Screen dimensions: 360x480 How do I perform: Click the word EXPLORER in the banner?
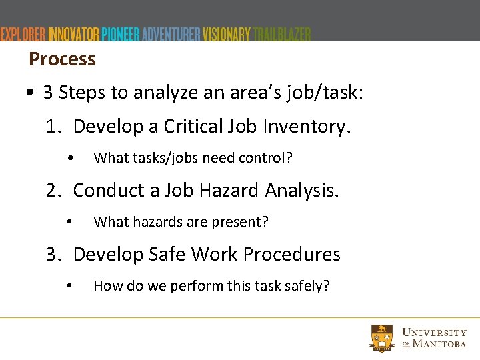click(23, 34)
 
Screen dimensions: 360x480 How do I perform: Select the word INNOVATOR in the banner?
click(74, 34)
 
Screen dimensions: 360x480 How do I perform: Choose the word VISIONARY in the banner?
click(227, 34)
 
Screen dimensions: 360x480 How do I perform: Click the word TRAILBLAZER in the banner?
click(282, 34)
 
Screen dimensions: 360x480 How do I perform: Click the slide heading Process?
click(62, 59)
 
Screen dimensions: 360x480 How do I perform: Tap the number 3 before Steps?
click(48, 93)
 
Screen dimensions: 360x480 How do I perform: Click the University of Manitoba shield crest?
click(382, 338)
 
